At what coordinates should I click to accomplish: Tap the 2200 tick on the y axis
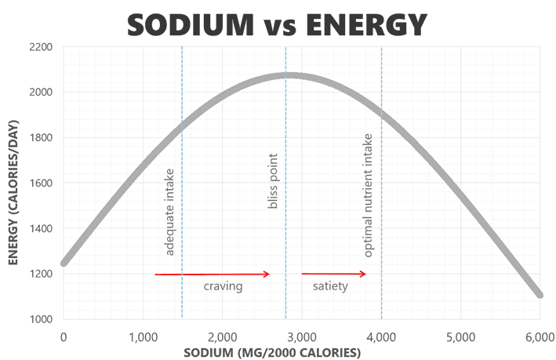[40, 48]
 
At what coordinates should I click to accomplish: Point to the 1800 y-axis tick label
[40, 138]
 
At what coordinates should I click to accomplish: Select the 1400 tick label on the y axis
[40, 229]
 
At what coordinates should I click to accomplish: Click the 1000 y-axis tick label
[40, 319]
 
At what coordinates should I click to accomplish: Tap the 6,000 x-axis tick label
[540, 337]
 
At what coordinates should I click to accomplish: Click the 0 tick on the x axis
[64, 337]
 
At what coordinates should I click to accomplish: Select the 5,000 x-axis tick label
[460, 337]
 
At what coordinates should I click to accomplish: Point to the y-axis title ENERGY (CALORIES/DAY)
[13, 185]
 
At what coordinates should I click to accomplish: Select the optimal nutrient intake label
[369, 195]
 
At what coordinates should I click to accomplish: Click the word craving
[223, 287]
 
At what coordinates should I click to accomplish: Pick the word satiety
[329, 287]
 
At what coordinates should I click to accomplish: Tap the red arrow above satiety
[334, 274]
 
